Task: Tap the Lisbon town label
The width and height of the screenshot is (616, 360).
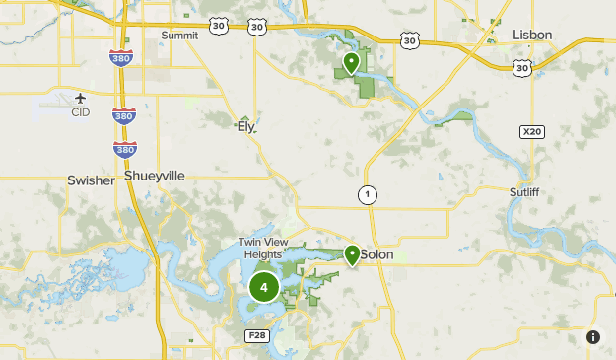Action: [x=532, y=35]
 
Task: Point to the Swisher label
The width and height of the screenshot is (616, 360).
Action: [x=91, y=180]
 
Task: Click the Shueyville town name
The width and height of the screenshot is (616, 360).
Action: [x=155, y=176]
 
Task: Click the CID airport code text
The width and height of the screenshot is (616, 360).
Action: [x=80, y=112]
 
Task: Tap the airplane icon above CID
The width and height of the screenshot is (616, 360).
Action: [x=80, y=98]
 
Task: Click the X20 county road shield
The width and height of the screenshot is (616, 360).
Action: [x=531, y=131]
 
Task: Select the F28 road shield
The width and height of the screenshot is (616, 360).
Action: [x=256, y=336]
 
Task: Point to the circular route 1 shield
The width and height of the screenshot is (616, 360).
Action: [x=367, y=195]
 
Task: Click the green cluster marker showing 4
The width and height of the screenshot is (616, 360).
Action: [x=263, y=288]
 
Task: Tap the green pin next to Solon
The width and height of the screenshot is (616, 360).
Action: [x=352, y=254]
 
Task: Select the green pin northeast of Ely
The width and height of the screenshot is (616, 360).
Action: [x=350, y=64]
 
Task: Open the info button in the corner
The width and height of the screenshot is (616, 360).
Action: [x=593, y=337]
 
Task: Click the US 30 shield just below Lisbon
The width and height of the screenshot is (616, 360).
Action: [x=522, y=67]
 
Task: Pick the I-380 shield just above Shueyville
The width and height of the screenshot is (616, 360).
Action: [x=125, y=149]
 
